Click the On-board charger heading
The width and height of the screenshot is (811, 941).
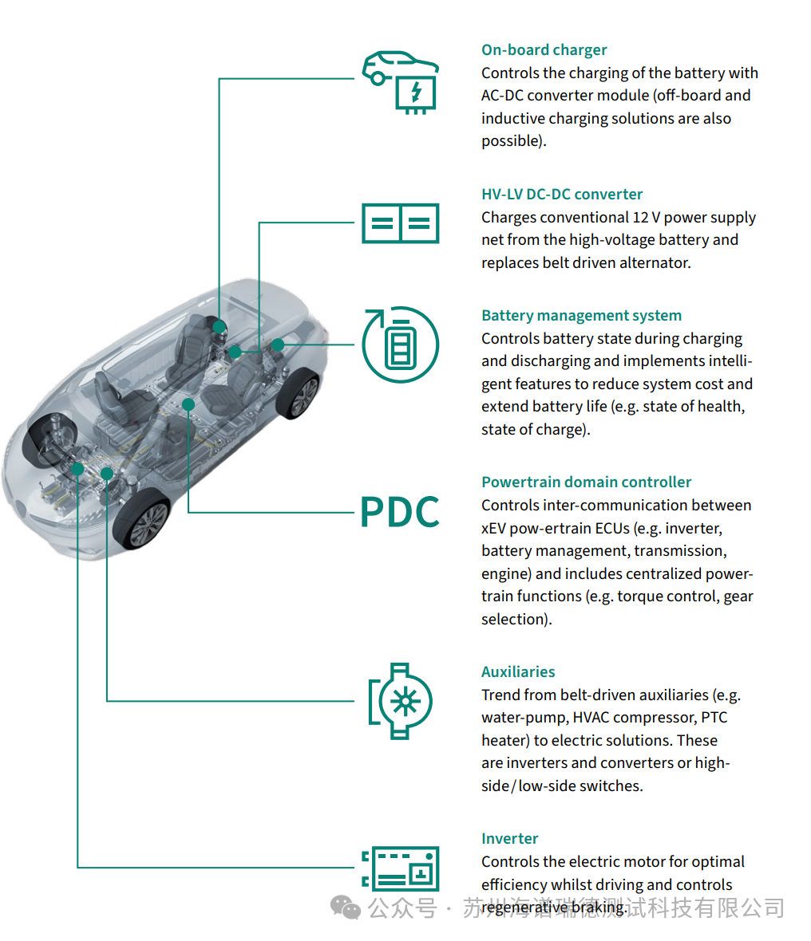tap(544, 49)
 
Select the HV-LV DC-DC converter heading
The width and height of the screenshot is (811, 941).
tap(562, 195)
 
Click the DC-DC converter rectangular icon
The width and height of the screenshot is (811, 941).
tap(401, 223)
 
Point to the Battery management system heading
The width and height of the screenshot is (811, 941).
tap(582, 316)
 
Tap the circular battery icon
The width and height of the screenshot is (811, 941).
tap(401, 345)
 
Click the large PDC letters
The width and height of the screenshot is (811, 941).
tap(400, 512)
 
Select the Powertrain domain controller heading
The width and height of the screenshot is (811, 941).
tap(587, 482)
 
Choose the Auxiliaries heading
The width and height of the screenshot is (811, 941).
tap(518, 672)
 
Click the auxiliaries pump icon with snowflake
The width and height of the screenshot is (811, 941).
tap(401, 701)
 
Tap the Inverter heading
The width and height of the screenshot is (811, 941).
tap(509, 838)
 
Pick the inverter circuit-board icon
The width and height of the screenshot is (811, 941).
tap(401, 868)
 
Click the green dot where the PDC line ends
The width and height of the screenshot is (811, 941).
tap(188, 404)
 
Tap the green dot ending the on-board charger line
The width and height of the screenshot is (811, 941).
tap(220, 326)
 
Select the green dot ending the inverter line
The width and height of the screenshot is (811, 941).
tap(77, 469)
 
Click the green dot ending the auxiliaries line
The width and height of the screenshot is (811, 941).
tap(107, 474)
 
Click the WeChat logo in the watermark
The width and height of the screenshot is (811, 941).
tap(346, 908)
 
